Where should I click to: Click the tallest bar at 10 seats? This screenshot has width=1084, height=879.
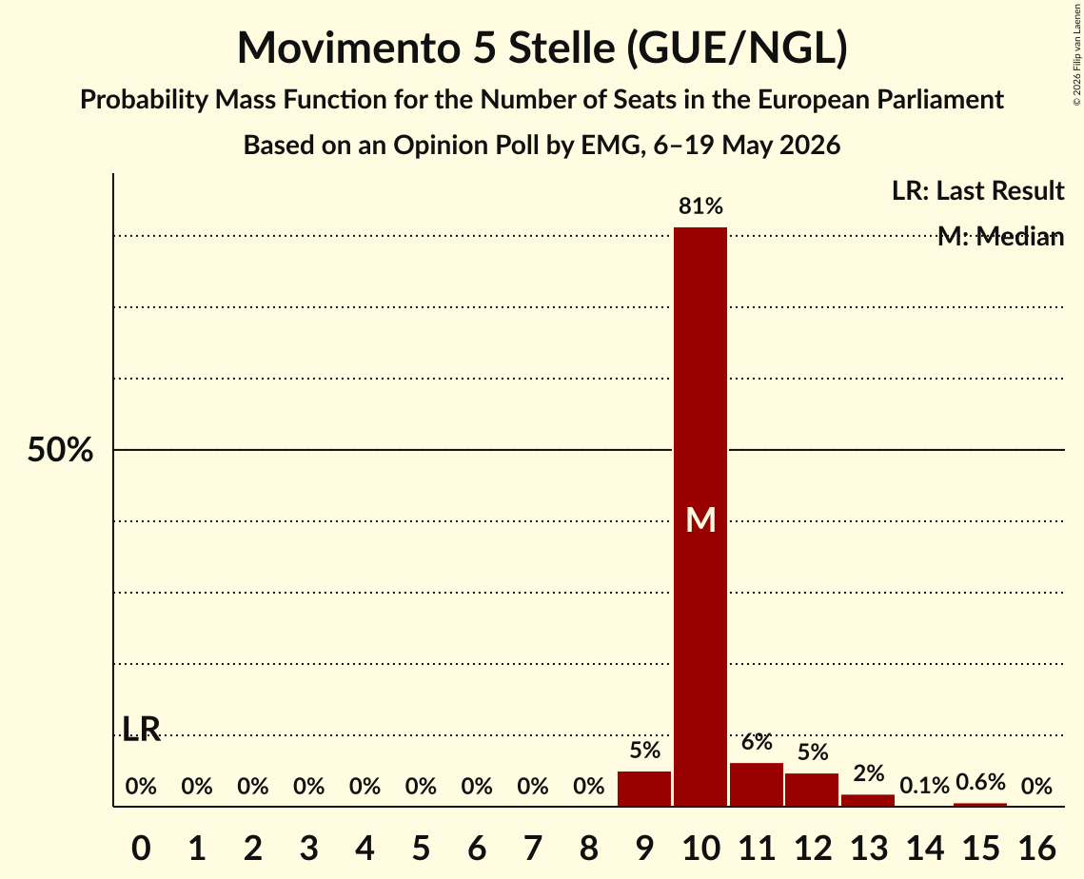click(700, 517)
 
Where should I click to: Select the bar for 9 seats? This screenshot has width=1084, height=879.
click(644, 789)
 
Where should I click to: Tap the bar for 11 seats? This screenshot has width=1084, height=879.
click(757, 784)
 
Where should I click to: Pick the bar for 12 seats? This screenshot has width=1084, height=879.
click(812, 790)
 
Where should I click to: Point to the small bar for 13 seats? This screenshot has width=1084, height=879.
click(868, 800)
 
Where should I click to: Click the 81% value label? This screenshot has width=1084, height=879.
click(700, 205)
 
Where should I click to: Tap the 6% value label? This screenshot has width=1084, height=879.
click(757, 741)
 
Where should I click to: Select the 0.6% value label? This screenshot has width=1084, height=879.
click(980, 782)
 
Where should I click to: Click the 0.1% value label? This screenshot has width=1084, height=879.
click(924, 786)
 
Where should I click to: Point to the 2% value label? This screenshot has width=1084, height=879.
click(868, 773)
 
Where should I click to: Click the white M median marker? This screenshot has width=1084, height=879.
click(700, 519)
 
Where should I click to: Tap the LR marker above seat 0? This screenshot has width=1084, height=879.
click(141, 729)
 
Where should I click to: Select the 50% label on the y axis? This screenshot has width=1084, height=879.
click(60, 450)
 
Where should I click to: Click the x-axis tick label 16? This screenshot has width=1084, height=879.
click(1036, 848)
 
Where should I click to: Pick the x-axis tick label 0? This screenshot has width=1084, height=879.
click(141, 848)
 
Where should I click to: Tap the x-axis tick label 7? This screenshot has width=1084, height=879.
click(532, 848)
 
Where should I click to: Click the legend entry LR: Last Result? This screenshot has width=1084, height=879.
click(977, 190)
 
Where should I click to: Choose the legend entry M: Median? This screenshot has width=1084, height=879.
click(1000, 237)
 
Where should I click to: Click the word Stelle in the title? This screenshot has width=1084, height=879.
click(562, 48)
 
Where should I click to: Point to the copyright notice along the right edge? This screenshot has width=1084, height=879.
click(1076, 54)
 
